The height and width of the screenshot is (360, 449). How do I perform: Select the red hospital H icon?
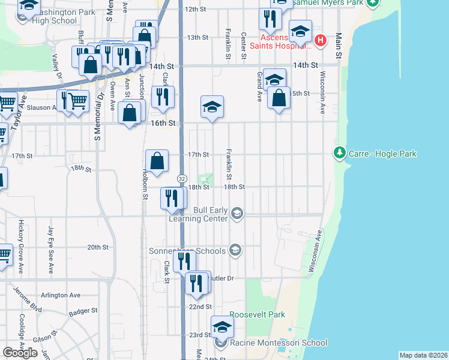[321, 41]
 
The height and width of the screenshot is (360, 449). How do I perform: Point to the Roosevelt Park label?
[257, 314]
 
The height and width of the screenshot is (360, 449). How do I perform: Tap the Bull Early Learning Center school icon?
[238, 214]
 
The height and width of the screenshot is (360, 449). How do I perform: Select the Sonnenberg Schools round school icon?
[235, 251]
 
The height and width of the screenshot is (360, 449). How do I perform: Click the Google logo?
[20, 353]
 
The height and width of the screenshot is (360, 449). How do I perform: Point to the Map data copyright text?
[423, 355]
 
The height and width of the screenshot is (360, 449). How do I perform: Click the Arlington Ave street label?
[61, 295]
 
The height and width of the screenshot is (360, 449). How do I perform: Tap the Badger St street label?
[83, 311]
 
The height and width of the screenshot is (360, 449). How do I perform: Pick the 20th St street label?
[98, 247]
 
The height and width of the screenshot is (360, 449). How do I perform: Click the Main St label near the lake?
[339, 46]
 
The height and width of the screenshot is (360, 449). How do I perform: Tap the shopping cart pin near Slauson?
[78, 101]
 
